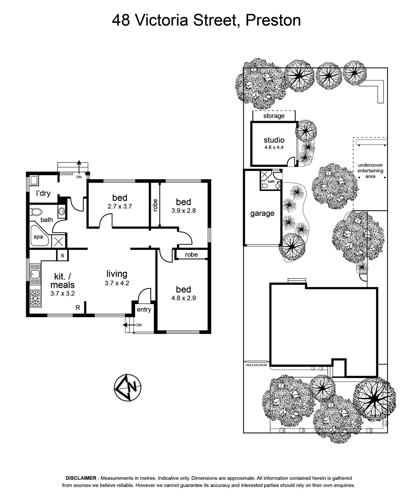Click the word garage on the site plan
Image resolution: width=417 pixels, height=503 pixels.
[x=262, y=213]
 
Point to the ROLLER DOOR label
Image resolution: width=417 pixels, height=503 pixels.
[x=257, y=365]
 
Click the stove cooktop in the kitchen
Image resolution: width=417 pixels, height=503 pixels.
[x=35, y=298]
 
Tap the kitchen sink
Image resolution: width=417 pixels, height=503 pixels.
[x=35, y=274]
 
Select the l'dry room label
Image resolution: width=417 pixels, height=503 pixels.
[x=43, y=193]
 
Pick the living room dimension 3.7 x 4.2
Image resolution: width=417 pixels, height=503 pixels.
[x=117, y=283]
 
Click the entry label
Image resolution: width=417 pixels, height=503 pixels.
[x=144, y=310]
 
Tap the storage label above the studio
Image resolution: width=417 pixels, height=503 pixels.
[x=274, y=116]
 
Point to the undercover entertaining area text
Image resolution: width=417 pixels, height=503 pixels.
[x=370, y=171]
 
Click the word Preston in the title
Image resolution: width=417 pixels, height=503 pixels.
[x=273, y=20]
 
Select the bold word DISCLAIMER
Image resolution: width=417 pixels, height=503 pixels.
[x=81, y=478]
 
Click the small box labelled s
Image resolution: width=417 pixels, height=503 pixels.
[x=63, y=255]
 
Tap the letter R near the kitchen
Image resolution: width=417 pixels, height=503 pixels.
[x=78, y=307]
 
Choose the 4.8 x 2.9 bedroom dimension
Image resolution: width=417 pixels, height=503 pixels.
[x=184, y=298]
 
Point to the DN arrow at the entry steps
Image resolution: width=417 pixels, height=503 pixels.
[x=129, y=325]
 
